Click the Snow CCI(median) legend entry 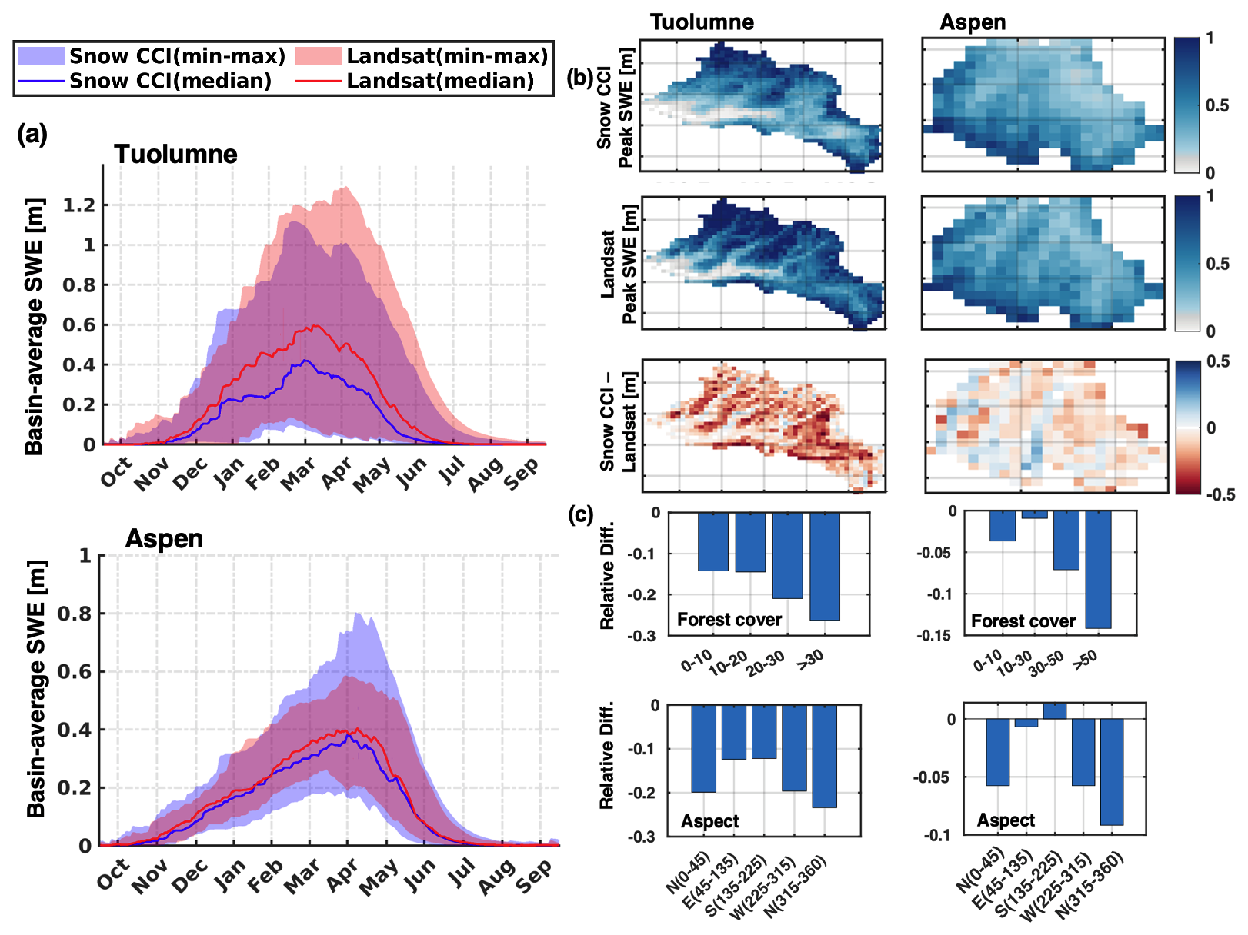pos(170,81)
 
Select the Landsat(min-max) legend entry pos(447,56)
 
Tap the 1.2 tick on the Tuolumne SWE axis pos(79,205)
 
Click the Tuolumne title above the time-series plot pos(175,155)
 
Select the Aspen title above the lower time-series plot pos(164,539)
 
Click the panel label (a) pos(32,135)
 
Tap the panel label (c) pos(580,514)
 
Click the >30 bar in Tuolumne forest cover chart pos(825,566)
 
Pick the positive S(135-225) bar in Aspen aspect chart pos(1055,711)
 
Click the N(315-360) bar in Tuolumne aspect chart pos(824,756)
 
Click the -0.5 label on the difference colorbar pos(1220,494)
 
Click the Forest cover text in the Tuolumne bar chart pos(729,620)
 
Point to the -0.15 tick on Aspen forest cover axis pos(934,635)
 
